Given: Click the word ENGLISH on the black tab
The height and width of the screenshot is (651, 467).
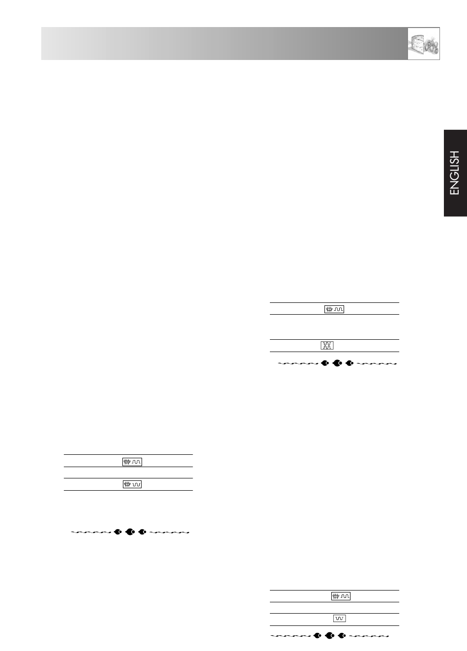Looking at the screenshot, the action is tap(455, 173).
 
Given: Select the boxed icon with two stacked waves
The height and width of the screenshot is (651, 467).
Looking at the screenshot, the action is tap(327, 345).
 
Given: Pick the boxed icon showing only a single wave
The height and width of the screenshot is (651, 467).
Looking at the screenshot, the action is tap(339, 618).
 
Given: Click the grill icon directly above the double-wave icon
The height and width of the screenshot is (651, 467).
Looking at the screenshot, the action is tap(334, 309).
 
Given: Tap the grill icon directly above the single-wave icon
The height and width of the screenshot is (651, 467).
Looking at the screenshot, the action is tap(341, 596).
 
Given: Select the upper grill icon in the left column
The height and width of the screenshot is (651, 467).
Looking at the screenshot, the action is tap(132, 462).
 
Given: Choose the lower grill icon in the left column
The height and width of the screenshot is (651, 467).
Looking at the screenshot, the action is tap(132, 484).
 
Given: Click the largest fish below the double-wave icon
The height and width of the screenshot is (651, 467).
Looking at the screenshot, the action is tap(337, 363).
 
